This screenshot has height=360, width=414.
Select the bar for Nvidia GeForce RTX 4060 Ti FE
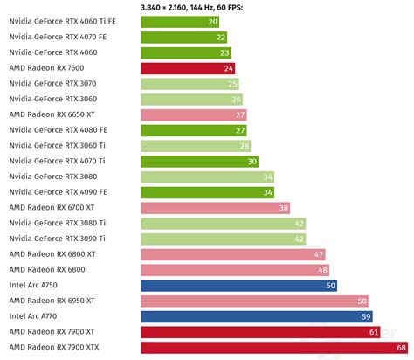click(x=180, y=21)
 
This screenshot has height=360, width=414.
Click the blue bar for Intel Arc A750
click(x=238, y=285)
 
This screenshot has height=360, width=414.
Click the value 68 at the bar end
click(x=400, y=348)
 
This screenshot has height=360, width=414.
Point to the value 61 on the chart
click(x=373, y=332)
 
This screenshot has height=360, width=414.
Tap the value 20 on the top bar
click(x=212, y=21)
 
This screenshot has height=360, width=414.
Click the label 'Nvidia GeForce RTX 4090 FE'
click(x=58, y=191)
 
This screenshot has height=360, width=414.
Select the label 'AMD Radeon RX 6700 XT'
click(x=52, y=207)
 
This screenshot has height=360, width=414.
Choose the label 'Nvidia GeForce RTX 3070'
click(x=52, y=83)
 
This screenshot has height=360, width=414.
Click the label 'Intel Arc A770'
click(x=35, y=316)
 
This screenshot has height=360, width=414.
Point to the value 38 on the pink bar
click(x=283, y=207)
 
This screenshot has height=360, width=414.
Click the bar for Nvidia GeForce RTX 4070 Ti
click(x=200, y=161)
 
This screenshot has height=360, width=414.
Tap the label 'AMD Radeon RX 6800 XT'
click(x=52, y=254)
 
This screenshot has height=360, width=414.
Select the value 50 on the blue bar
click(x=330, y=285)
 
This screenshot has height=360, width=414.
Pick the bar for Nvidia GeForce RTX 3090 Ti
click(x=224, y=239)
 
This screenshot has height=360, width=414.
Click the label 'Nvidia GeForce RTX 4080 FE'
click(x=58, y=129)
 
